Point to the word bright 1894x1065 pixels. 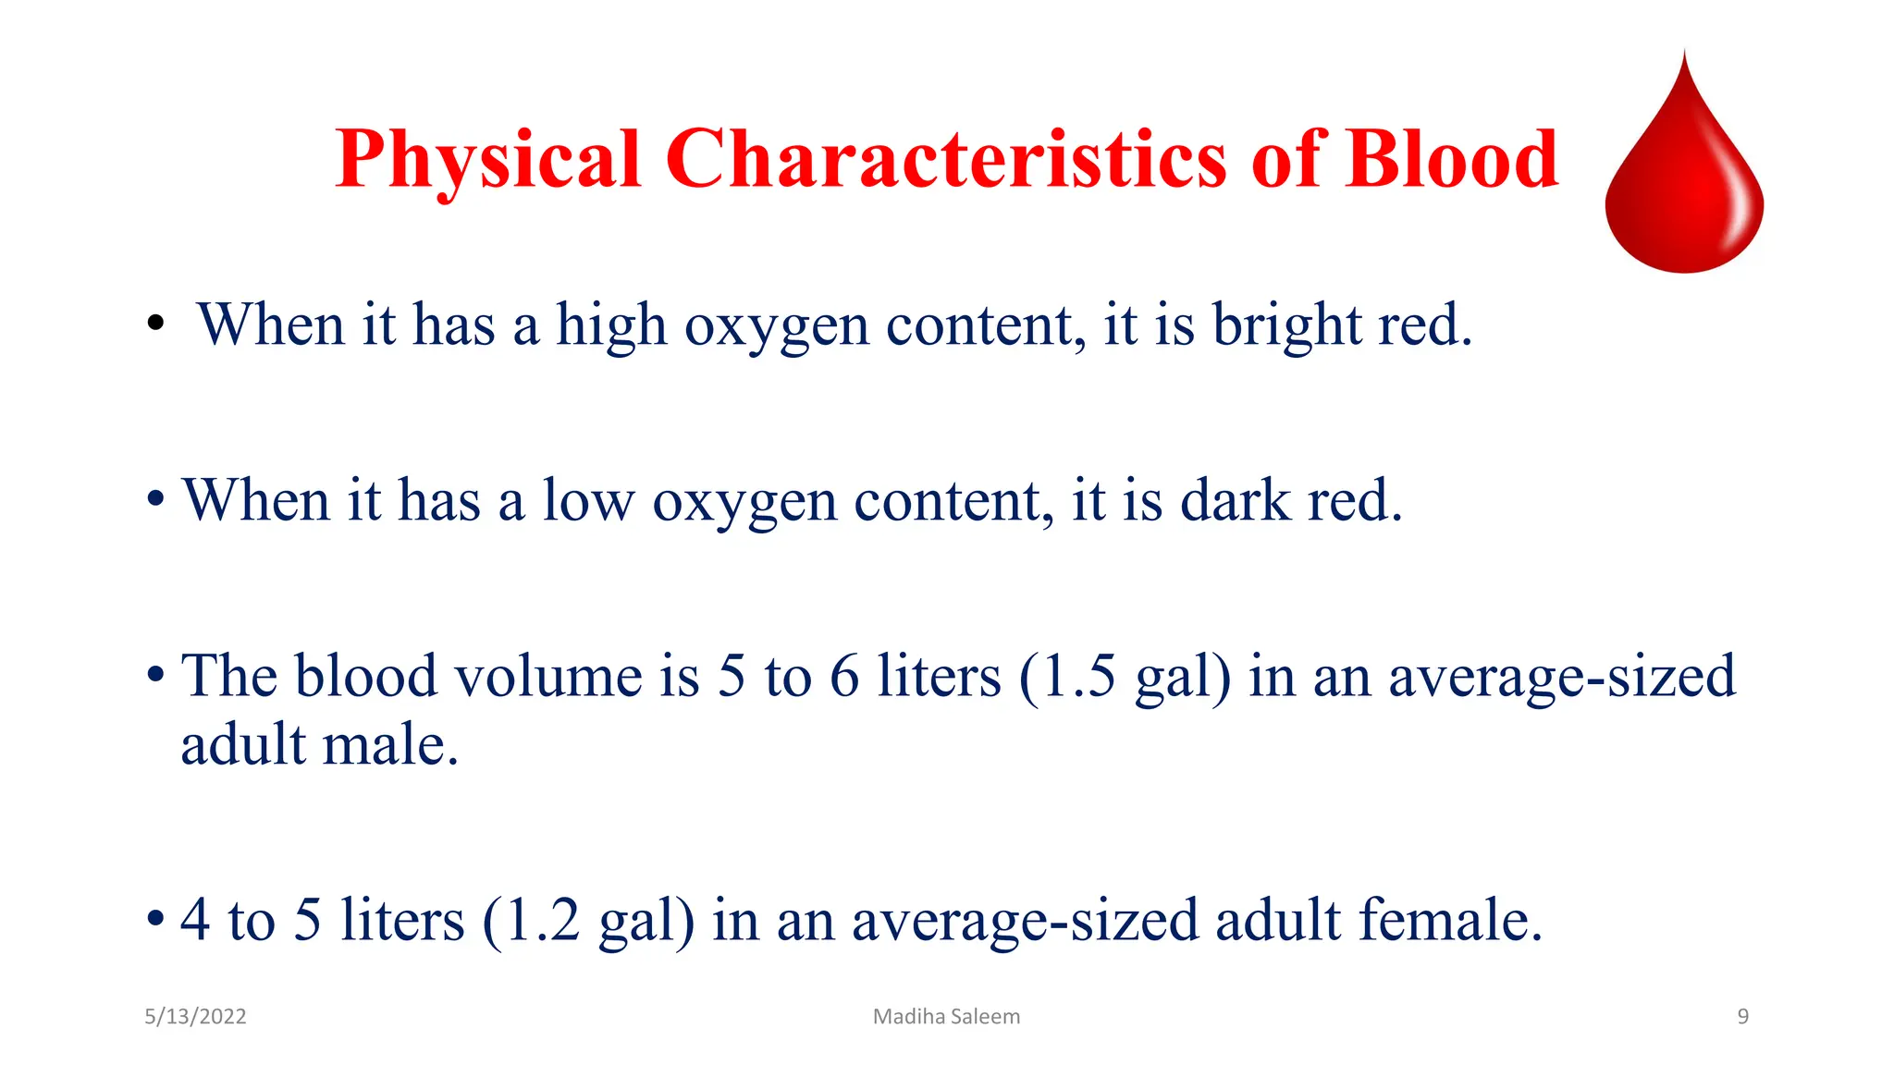(1286, 325)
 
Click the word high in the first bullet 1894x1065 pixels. (610, 325)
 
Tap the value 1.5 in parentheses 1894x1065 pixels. (1078, 676)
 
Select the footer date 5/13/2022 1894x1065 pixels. (195, 1017)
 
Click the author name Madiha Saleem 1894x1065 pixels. (946, 1017)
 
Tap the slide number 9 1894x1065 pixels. (1742, 1017)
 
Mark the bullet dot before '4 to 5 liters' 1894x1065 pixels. (155, 921)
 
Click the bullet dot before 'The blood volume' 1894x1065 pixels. (155, 676)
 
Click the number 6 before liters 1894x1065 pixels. (843, 676)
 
